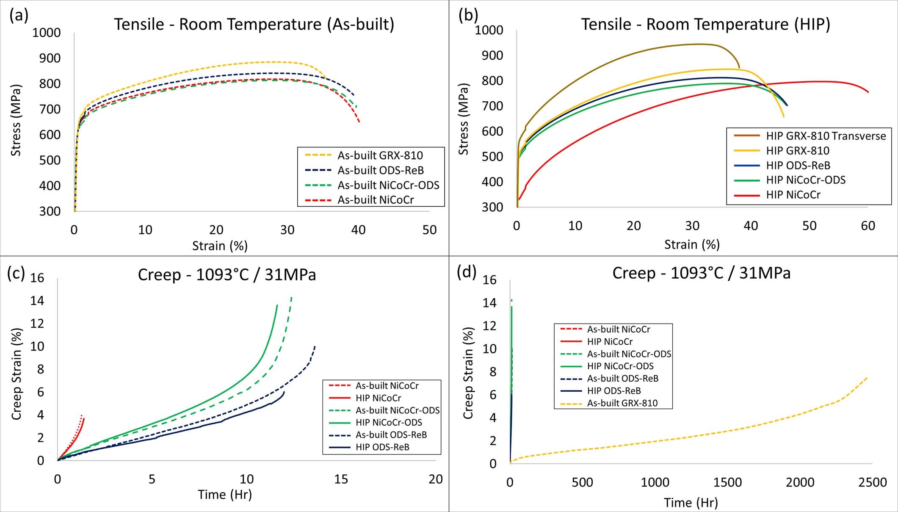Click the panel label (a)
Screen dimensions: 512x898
[19, 16]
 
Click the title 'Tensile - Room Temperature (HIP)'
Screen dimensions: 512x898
[705, 24]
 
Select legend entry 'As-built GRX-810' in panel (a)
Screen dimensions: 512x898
[380, 155]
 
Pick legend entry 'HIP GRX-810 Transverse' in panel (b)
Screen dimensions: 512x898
[826, 136]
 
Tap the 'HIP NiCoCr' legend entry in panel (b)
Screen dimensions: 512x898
[793, 195]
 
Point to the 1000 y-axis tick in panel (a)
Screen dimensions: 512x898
[47, 33]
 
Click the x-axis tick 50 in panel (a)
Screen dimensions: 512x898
[429, 230]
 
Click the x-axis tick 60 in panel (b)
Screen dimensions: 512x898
[868, 226]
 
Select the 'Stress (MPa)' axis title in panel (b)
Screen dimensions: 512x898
[464, 119]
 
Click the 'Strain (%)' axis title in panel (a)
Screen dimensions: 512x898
[220, 246]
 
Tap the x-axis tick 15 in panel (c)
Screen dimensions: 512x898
[341, 479]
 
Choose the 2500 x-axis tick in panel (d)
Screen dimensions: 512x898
[872, 482]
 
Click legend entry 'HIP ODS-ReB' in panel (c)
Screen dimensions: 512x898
[382, 447]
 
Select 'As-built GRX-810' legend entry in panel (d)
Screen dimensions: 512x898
[622, 403]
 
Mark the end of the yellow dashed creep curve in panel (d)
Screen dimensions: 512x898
[866, 377]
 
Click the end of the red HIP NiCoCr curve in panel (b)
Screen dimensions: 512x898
[868, 92]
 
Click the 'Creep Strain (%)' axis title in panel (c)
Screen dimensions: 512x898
[17, 374]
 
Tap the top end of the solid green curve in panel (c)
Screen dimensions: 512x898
[277, 305]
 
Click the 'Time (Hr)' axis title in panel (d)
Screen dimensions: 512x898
[691, 503]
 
